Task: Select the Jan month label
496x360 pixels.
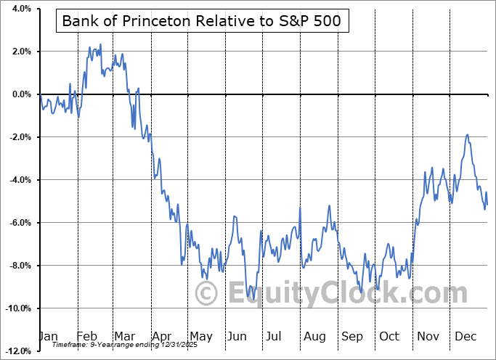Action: click(47, 336)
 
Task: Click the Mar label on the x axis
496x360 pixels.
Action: click(125, 336)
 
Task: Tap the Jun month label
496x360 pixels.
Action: click(236, 336)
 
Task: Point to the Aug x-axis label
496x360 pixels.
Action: click(315, 336)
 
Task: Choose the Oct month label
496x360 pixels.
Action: click(389, 336)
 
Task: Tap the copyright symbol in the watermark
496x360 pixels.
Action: click(208, 294)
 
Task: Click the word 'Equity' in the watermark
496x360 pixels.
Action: click(269, 294)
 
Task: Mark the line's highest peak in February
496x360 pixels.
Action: click(100, 44)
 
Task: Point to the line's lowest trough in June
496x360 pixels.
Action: click(248, 300)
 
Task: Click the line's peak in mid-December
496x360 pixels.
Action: click(467, 135)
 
